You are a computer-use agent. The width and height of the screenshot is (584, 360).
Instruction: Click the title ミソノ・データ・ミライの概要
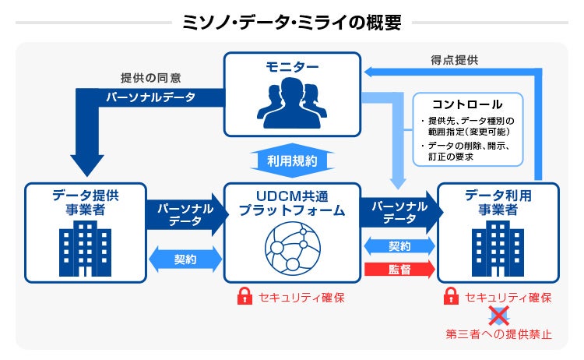click(291, 21)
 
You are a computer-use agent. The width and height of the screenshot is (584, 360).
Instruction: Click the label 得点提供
click(455, 59)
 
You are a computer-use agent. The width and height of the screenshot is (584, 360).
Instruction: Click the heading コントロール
click(467, 104)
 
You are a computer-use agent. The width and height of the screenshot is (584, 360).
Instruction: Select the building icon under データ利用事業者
click(498, 246)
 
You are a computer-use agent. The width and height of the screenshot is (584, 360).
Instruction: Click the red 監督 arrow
click(399, 270)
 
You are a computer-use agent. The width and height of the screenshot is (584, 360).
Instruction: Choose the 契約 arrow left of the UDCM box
click(185, 259)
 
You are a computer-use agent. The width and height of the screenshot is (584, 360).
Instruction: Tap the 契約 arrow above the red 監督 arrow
click(399, 246)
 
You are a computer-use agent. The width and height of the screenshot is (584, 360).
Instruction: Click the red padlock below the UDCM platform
click(245, 297)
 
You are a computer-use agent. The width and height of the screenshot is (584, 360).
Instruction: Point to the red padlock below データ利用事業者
click(450, 297)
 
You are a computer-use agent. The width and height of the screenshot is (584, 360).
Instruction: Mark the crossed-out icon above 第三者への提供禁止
click(498, 316)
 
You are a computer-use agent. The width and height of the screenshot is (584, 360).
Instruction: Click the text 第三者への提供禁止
click(498, 335)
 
